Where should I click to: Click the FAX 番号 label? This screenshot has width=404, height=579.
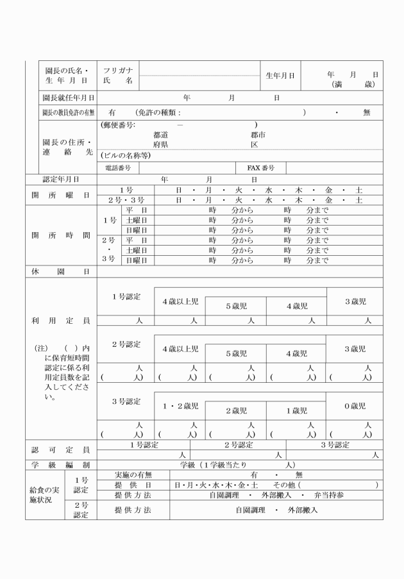coord(261,167)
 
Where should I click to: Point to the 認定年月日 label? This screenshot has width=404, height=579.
coord(61,180)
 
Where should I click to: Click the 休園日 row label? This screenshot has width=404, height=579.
coord(61,271)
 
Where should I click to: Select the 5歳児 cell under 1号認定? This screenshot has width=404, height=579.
coord(236,306)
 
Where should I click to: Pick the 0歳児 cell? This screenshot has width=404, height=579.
coord(353,406)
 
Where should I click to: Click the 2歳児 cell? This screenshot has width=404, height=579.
coord(236,410)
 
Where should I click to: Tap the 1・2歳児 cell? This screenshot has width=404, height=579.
coord(180,406)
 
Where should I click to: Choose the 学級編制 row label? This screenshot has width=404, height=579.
coord(61,464)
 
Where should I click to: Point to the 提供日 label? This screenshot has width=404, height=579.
coord(133,485)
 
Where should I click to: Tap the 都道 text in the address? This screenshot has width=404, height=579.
coord(160,135)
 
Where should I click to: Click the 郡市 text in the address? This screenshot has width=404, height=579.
coord(258,135)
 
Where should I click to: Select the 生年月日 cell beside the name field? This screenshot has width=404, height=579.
coord(280,76)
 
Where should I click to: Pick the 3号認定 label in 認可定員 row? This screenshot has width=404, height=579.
coord(334,444)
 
